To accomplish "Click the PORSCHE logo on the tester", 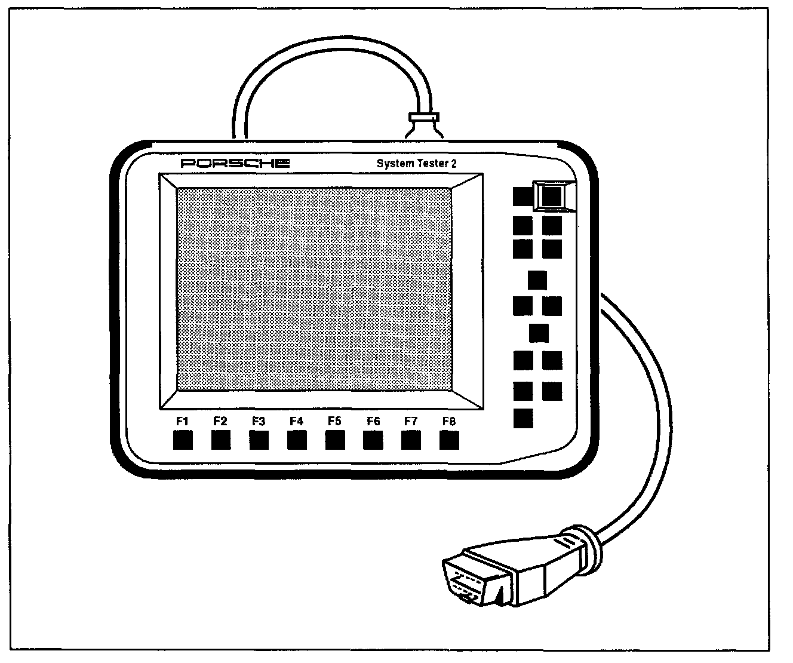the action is coord(235,163).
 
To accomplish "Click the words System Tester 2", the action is coord(416,163).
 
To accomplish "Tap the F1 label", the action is coord(182,421).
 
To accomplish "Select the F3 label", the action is coord(258,421).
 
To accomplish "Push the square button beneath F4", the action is coord(297,440).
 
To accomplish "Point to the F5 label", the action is coord(334,421).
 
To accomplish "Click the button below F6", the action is coord(373,440).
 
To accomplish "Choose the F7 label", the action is coord(411,421).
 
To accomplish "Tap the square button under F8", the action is coord(449,440).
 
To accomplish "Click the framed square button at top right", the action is coord(552,196).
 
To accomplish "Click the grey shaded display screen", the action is coord(314,289).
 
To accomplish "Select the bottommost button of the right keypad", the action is coord(523,418).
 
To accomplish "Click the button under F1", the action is coord(183,440).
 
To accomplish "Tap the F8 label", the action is coord(449,421).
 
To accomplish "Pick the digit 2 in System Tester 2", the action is coord(454,164).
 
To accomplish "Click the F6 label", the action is coord(373,421).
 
